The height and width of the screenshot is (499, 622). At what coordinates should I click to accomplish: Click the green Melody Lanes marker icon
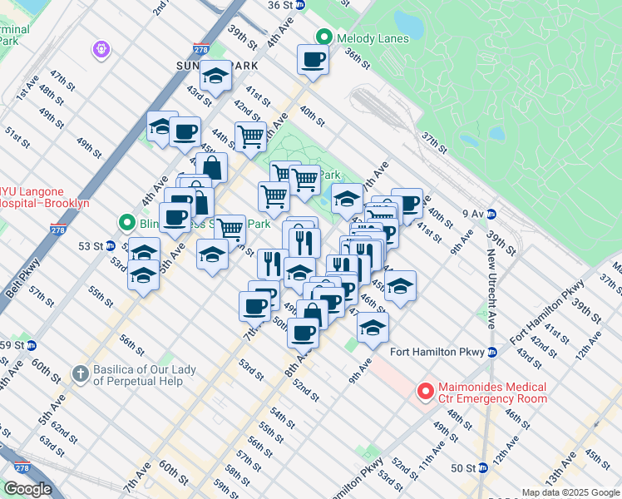pyautogui.click(x=324, y=38)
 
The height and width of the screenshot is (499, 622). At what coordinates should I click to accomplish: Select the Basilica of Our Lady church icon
pyautogui.click(x=81, y=373)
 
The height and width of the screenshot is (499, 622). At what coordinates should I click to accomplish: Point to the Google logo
pyautogui.click(x=27, y=489)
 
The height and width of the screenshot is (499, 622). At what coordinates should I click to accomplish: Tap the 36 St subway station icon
pyautogui.click(x=301, y=5)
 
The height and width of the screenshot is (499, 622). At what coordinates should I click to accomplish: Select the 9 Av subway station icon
pyautogui.click(x=491, y=214)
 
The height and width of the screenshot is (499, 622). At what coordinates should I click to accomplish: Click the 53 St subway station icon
pyautogui.click(x=110, y=246)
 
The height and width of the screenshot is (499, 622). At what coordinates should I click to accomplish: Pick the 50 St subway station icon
pyautogui.click(x=483, y=467)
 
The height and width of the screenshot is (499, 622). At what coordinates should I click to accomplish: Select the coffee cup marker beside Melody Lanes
pyautogui.click(x=313, y=60)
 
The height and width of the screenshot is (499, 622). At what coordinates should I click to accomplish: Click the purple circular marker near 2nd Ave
pyautogui.click(x=101, y=50)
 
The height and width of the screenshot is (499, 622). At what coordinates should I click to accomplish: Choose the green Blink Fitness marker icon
pyautogui.click(x=126, y=223)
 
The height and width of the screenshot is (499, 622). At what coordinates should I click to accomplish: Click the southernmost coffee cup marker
pyautogui.click(x=303, y=333)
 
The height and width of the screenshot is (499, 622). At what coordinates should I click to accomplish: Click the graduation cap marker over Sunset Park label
pyautogui.click(x=215, y=77)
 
